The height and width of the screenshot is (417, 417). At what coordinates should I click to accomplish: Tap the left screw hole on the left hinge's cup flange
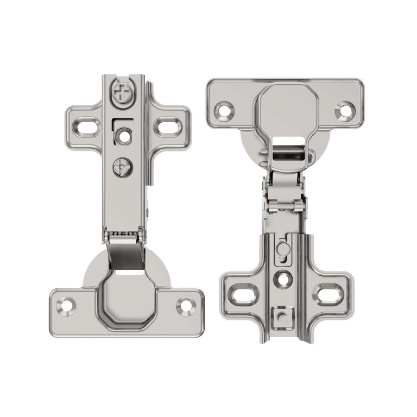click(x=67, y=305)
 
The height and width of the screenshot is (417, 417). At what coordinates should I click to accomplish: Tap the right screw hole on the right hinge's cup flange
click(x=344, y=110)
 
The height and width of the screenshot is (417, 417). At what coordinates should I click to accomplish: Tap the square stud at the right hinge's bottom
click(x=281, y=315)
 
